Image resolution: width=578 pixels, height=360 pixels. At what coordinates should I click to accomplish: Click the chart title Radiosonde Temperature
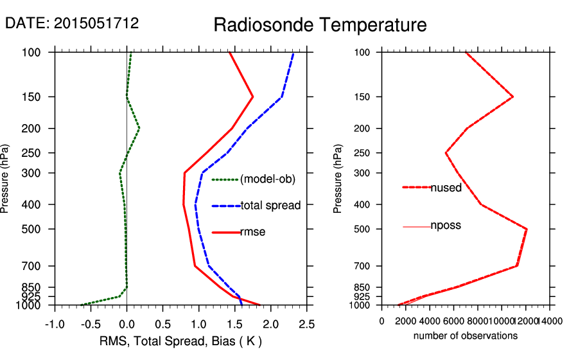pos(320,25)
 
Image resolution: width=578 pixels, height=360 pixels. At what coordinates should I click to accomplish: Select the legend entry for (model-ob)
pos(267,179)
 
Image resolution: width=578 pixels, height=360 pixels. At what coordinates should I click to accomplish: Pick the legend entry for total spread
pos(270,206)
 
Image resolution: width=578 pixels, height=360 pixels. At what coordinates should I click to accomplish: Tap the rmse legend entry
pos(252,232)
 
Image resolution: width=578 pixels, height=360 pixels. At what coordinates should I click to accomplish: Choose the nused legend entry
pos(446,187)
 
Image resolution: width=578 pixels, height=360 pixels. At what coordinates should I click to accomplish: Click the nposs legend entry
pos(446,226)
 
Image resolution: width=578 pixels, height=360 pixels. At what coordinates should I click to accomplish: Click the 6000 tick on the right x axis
pos(454,319)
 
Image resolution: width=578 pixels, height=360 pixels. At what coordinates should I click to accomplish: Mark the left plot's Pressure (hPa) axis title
pos(6,179)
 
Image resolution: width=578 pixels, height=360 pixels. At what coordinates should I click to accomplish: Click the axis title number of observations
pos(466,336)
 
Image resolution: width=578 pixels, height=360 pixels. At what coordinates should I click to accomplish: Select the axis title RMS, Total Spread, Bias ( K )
pos(180,340)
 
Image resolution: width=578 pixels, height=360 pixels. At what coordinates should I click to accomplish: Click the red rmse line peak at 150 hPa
pos(253,96)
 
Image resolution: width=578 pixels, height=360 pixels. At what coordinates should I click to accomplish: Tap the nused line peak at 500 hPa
pos(527,229)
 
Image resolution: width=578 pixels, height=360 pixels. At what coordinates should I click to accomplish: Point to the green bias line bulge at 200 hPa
pos(139,129)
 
